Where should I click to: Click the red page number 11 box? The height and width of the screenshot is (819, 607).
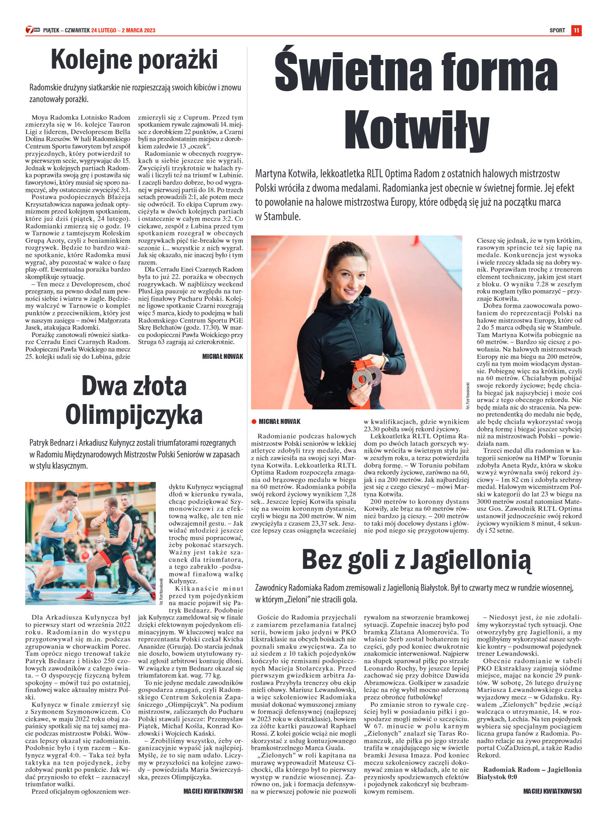(x=576, y=30)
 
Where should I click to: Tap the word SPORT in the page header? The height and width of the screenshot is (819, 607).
(x=557, y=30)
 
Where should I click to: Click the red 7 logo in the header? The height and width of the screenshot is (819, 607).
(x=30, y=30)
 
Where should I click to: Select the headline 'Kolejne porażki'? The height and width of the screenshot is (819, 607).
(x=134, y=60)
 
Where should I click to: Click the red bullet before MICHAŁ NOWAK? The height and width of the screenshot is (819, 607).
(x=254, y=422)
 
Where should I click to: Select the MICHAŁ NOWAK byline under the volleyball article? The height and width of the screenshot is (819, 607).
(x=222, y=357)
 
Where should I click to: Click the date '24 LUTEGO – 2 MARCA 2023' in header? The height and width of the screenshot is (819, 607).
(x=123, y=30)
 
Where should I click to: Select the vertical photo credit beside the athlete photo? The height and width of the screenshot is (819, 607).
(x=467, y=395)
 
